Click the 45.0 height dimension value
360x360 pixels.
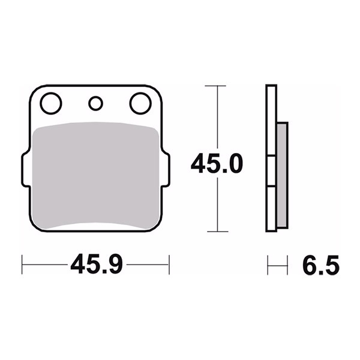[217, 164]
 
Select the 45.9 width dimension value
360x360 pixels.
[97, 264]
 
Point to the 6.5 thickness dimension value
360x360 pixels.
[321, 265]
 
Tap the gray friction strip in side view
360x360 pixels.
[282, 175]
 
